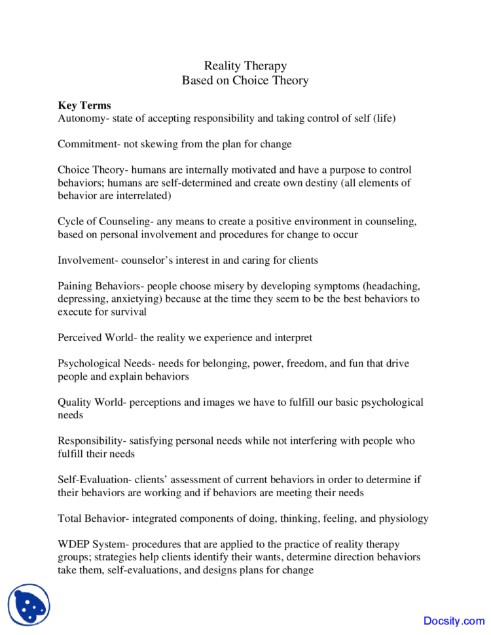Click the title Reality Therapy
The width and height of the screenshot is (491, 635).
[x=245, y=66]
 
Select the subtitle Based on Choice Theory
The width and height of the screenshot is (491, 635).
[x=245, y=81]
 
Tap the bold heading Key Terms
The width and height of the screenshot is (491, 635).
[x=84, y=105]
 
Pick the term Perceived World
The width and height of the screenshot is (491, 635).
[x=96, y=338]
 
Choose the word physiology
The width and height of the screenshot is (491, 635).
[x=403, y=518]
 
